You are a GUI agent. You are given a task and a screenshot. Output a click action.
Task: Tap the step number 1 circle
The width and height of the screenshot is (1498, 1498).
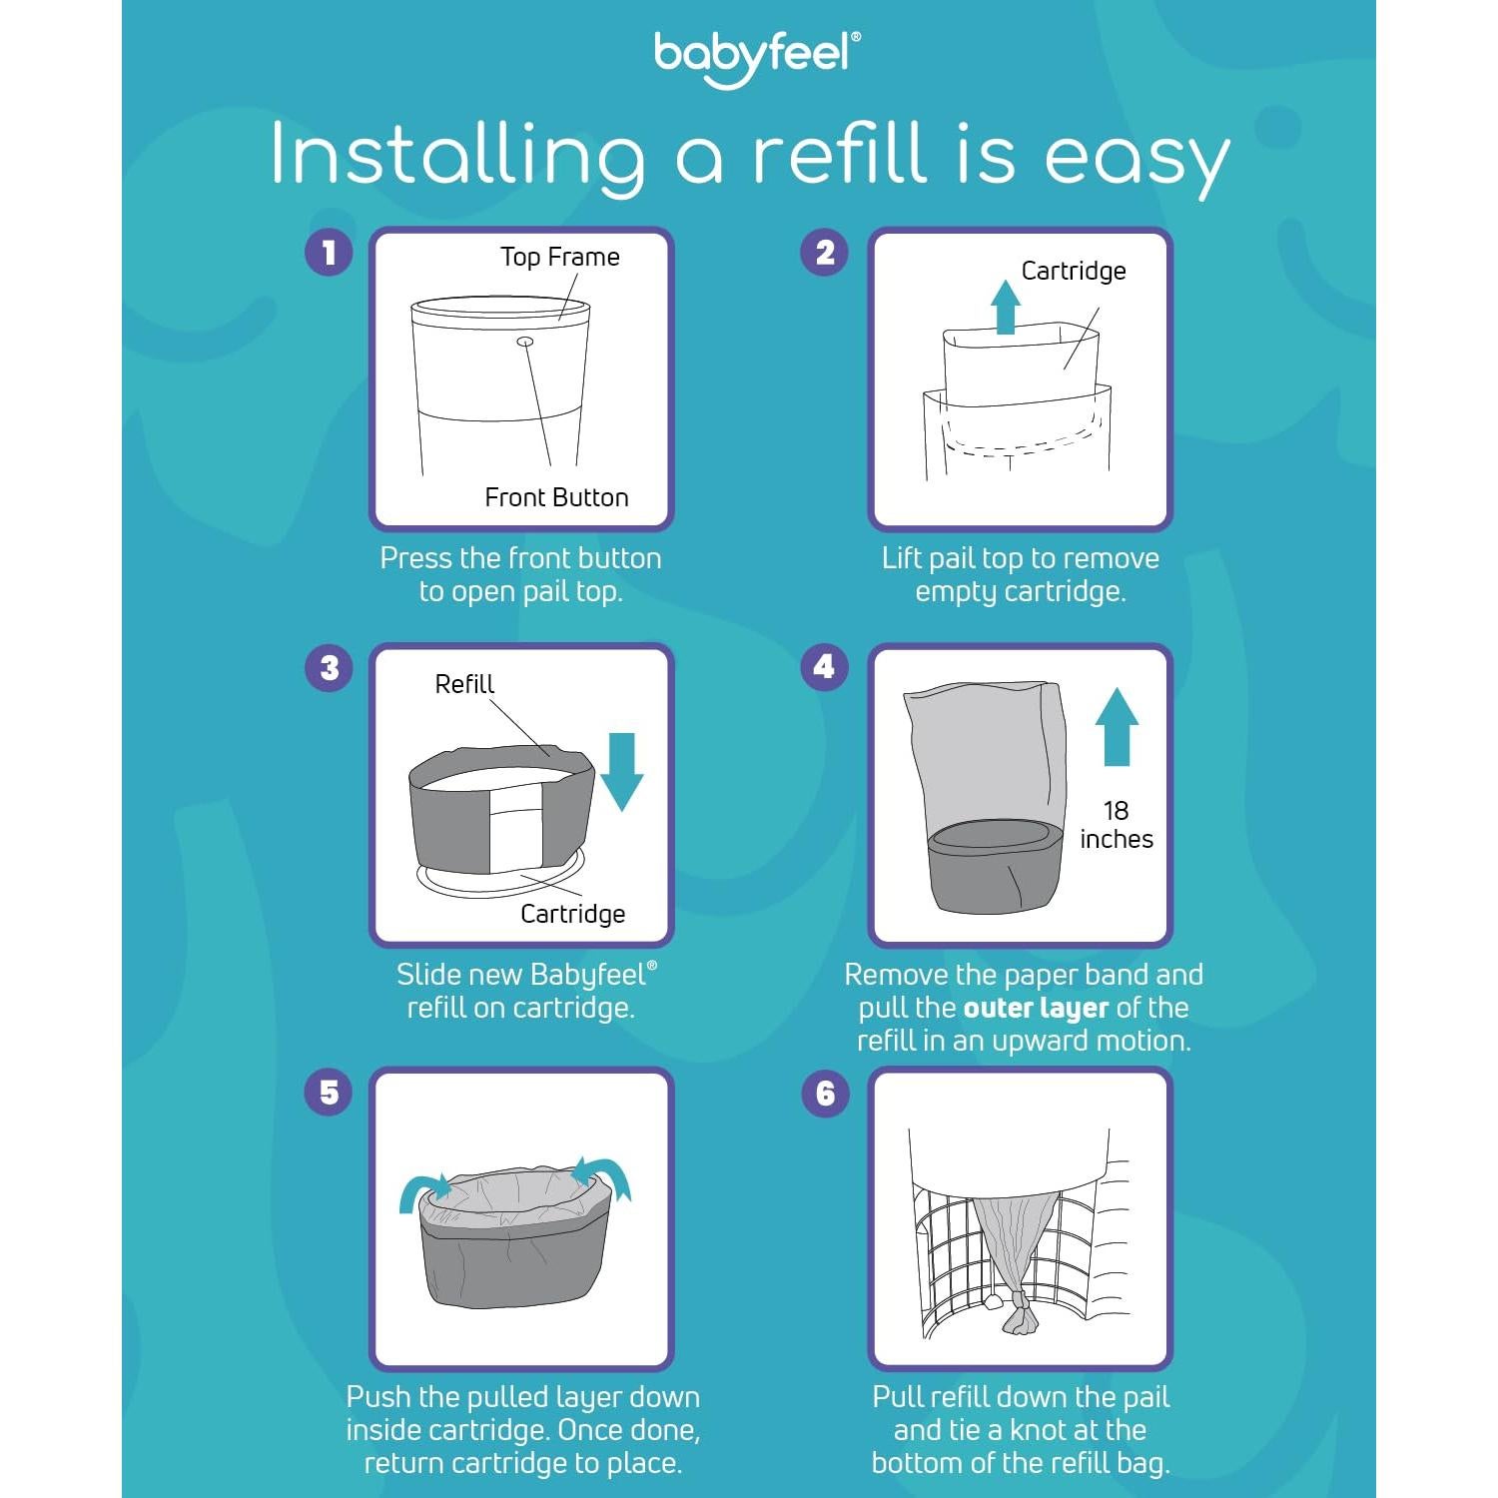tap(329, 252)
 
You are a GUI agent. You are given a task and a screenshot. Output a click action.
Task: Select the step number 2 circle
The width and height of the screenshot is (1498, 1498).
tap(825, 252)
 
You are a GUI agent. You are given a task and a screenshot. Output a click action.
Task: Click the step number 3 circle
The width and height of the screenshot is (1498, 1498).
tap(329, 667)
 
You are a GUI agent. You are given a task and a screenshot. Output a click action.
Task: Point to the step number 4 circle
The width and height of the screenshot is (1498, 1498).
tap(825, 667)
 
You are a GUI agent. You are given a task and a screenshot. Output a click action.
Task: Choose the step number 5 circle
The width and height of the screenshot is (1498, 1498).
tap(329, 1093)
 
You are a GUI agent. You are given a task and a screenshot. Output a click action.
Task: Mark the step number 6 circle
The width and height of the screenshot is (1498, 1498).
tap(825, 1093)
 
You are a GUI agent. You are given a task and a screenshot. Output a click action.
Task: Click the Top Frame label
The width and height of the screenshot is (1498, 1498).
tap(559, 258)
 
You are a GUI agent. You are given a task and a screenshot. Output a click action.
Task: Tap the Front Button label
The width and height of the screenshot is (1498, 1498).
tap(556, 497)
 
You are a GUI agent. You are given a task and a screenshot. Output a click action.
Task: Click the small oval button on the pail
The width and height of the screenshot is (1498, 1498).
tap(524, 342)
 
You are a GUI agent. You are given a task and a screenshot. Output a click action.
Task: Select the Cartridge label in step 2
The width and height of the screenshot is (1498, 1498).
tap(1074, 271)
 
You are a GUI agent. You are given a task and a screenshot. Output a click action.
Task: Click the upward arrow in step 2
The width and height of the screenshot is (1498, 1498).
tap(1006, 306)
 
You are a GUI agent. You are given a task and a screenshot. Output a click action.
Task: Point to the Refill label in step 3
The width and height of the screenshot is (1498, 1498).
tap(464, 684)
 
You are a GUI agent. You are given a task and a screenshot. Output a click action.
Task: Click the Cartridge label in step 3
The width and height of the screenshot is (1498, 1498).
tap(572, 914)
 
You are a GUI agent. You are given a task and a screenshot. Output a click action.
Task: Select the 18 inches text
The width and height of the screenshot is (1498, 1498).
tap(1116, 825)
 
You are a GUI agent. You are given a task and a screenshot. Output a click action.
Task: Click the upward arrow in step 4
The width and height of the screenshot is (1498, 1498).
tap(1117, 726)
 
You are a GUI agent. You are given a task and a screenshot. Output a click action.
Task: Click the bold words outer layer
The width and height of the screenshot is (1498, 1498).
tap(1036, 1008)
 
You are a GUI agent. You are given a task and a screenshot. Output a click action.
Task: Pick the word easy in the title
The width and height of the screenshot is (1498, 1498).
tap(1136, 158)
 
